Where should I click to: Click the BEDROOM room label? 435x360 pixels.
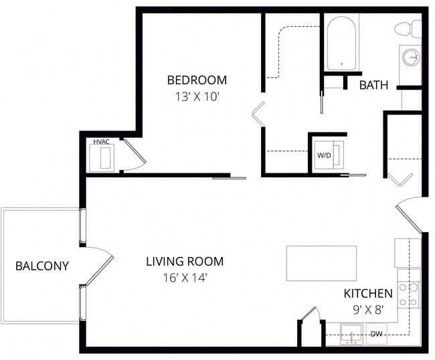(x=197, y=80)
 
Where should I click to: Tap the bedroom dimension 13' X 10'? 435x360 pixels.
(x=197, y=96)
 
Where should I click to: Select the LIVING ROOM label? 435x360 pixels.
(x=185, y=261)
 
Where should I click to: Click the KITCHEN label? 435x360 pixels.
(x=367, y=294)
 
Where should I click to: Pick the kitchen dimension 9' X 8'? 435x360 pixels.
(x=369, y=310)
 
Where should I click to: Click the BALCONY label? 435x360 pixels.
(x=41, y=266)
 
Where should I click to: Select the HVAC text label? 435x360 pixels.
(x=101, y=141)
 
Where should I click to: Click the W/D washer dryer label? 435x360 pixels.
(x=324, y=155)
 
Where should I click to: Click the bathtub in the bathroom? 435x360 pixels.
(x=342, y=43)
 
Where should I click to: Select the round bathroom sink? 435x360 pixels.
(x=411, y=57)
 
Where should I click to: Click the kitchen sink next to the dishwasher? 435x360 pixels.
(x=351, y=333)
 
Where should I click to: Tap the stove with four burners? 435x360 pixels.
(x=408, y=294)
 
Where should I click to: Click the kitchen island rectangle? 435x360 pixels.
(x=321, y=263)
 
